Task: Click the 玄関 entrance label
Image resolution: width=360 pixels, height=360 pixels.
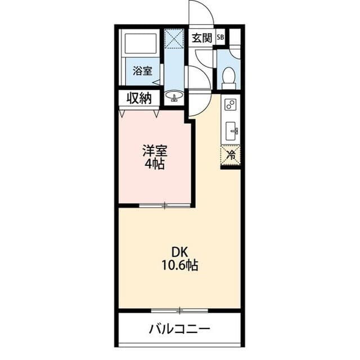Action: [x=201, y=38]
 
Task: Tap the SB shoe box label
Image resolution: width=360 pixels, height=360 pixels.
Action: [x=220, y=37]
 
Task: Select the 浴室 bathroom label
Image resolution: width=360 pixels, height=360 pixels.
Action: [x=142, y=71]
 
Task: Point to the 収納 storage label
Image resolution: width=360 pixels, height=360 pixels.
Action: [x=139, y=99]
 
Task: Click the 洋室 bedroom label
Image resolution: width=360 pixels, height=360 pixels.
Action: [x=155, y=151]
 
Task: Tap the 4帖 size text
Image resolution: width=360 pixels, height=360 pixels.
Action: [x=154, y=164]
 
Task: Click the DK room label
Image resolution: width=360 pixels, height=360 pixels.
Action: [x=180, y=253]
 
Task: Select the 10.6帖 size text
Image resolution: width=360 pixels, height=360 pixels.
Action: [x=180, y=265]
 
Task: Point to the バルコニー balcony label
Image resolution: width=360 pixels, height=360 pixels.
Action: [x=179, y=329]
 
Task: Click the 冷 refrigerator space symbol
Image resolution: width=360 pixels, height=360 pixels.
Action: [x=231, y=155]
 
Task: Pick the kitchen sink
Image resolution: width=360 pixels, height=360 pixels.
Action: [x=231, y=131]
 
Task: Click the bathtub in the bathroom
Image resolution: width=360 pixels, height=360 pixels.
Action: [x=141, y=43]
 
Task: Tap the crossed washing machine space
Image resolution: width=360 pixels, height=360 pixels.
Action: [x=174, y=39]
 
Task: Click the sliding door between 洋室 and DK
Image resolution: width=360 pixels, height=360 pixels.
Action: [x=165, y=205]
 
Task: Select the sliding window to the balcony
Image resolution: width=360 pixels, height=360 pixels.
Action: [x=180, y=310]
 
